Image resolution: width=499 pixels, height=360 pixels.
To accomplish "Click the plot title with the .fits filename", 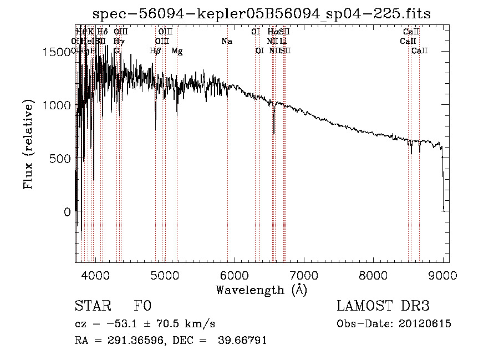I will coord(262,13).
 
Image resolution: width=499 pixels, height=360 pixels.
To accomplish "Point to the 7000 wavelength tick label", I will coord(304,276).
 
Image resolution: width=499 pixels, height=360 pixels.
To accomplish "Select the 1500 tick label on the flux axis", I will coord(57,52).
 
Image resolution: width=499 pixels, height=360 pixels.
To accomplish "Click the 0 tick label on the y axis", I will coord(67,212).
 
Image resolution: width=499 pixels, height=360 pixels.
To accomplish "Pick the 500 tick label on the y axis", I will coord(60,159).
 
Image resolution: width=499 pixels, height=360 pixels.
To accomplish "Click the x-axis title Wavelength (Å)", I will coord(261,290).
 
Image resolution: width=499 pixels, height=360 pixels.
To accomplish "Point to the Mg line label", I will coord(177,50).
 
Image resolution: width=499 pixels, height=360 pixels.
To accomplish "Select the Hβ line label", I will coord(155,50).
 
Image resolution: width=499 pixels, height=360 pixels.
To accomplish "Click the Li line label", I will coord(283,41).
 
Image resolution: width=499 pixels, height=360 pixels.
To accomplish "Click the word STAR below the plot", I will coord(91,307).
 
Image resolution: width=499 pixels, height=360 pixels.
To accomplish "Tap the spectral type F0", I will coord(142,307).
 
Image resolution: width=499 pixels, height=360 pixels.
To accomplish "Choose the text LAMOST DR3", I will coord(383,307).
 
